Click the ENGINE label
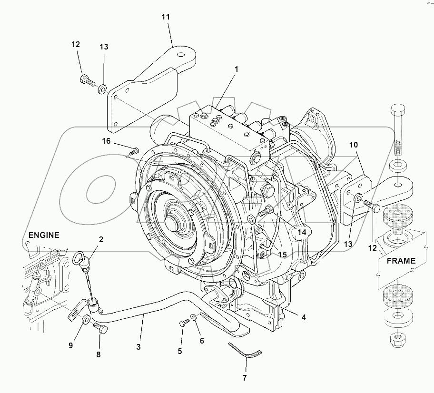(44, 235)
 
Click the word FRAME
(401, 261)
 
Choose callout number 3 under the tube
(138, 347)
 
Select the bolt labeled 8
(100, 327)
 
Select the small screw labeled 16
(133, 151)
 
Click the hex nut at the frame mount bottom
(397, 339)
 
